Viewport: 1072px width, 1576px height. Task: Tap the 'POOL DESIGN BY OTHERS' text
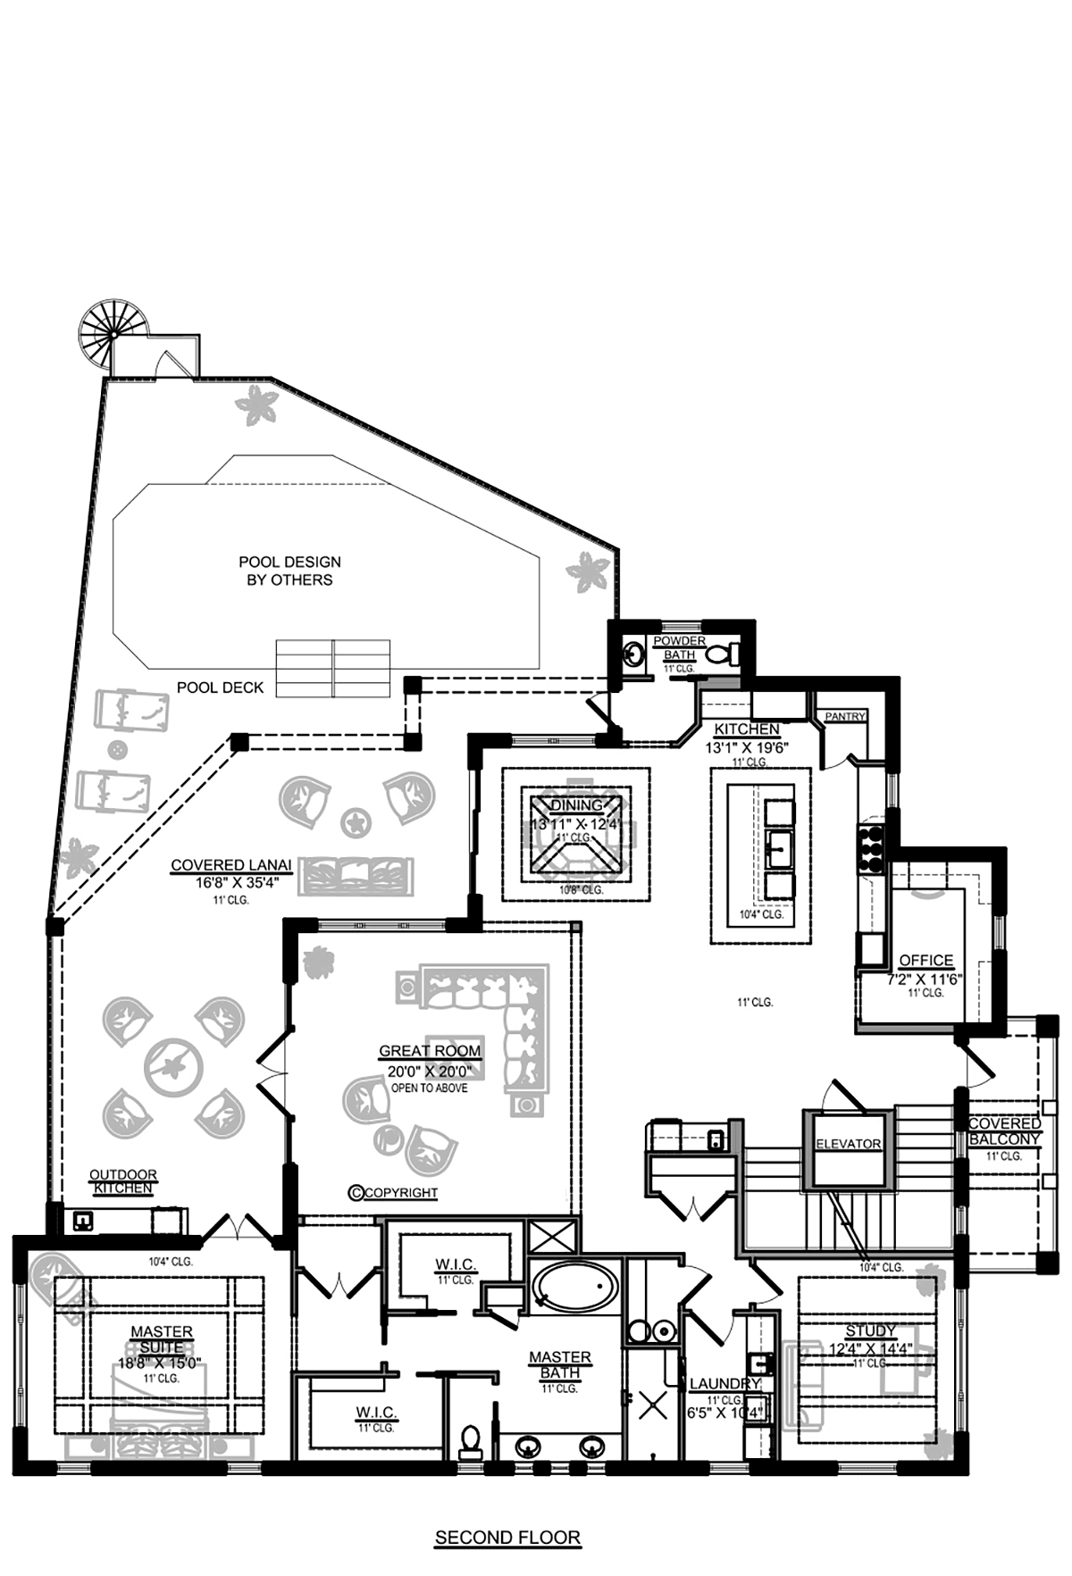coord(289,571)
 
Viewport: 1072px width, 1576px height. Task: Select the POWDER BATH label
coord(679,647)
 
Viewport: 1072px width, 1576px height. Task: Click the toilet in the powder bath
coord(721,655)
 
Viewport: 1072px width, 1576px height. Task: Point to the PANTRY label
coord(845,716)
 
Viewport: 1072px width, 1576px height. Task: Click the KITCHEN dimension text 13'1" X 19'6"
coord(747,747)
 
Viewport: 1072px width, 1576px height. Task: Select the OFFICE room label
coord(925,960)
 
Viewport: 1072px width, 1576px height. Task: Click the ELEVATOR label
coord(848,1144)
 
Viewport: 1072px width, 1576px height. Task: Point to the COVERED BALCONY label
coord(1004,1131)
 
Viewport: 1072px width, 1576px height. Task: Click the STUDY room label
coord(870,1330)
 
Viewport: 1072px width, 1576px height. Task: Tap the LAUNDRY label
coord(724,1384)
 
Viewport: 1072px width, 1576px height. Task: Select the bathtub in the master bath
coord(574,1287)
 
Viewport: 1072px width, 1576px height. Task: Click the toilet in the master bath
coord(470,1438)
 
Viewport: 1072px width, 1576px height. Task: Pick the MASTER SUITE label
coord(162,1339)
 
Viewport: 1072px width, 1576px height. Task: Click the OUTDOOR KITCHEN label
coord(123,1181)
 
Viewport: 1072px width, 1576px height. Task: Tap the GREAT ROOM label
coord(430,1051)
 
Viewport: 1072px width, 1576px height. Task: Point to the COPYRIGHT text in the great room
coord(394,1192)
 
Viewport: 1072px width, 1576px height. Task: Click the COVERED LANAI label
coord(231,865)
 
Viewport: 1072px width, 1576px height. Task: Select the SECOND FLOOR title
coord(507,1538)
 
